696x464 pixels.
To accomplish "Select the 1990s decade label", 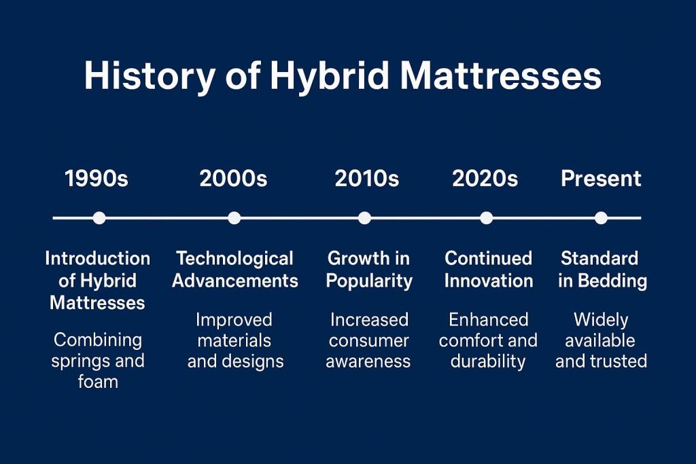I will click(96, 179).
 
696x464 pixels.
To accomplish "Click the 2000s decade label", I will click(233, 179).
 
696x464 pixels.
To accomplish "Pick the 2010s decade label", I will click(367, 179).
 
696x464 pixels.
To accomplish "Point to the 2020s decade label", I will click(485, 179).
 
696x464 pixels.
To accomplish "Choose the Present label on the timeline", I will click(601, 179).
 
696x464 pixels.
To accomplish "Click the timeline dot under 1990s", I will click(99, 218).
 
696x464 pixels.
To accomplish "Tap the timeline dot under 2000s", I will click(234, 218).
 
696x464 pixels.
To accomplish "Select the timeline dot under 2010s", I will click(364, 218).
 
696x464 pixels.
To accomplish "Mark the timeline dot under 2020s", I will click(486, 218).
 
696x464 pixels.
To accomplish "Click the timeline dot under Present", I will click(601, 218).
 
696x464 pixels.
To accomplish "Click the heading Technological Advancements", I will click(234, 270).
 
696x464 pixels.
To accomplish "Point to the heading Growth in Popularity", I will click(369, 270).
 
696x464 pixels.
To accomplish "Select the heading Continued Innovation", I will click(488, 270).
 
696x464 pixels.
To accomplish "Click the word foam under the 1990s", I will click(98, 382).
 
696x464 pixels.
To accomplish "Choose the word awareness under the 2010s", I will click(368, 361).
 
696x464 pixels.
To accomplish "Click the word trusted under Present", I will click(620, 361).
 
